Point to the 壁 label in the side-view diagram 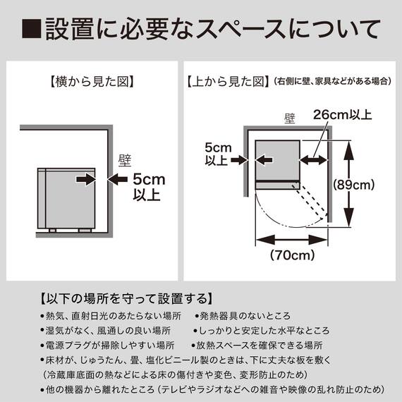[x=125, y=160]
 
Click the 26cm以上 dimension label [x=342, y=114]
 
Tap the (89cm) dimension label [x=373, y=185]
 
